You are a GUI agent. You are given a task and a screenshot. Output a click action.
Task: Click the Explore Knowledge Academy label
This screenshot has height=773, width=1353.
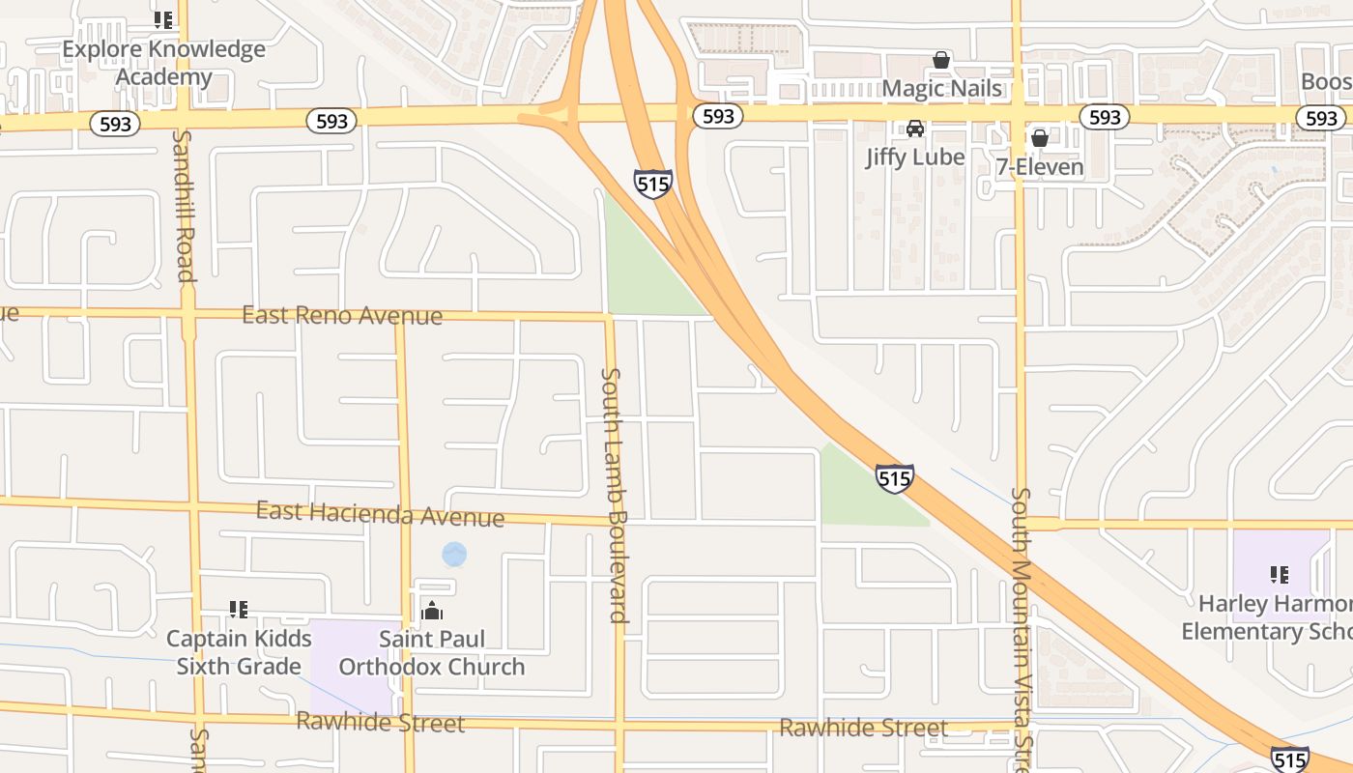coord(163,63)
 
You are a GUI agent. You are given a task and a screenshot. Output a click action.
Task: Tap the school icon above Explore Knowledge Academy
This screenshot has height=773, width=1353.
coord(163,19)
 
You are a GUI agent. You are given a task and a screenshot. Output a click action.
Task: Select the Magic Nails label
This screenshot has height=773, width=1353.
coord(941,89)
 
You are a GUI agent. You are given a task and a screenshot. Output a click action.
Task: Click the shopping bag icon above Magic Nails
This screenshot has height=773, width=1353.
coord(941,60)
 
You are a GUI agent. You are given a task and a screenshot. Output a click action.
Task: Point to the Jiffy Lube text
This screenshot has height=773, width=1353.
coord(914,157)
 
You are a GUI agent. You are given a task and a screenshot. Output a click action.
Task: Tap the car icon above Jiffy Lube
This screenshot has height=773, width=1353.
coord(914,129)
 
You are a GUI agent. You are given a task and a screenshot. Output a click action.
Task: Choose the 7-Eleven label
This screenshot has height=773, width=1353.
coord(1040,167)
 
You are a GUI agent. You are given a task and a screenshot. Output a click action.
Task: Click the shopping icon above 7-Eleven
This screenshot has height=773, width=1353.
coord(1040,138)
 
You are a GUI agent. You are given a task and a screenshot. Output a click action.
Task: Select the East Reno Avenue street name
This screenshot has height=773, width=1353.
coord(342,315)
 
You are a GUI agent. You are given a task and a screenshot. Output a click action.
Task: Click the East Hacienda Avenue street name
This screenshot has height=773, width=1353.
coord(380,514)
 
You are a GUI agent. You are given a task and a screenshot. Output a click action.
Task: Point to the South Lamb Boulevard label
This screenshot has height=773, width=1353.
coord(616,494)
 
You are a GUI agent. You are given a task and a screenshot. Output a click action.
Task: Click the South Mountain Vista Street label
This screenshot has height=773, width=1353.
coord(1022,628)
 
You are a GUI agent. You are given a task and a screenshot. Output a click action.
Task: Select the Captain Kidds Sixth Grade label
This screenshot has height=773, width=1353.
coord(239,652)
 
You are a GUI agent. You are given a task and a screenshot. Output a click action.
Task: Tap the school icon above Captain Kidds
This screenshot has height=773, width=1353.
coord(239,610)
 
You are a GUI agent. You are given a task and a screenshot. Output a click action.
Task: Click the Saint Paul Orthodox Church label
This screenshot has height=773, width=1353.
coord(432,652)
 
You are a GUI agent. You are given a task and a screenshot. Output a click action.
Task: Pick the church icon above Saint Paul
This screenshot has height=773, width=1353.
coord(432,611)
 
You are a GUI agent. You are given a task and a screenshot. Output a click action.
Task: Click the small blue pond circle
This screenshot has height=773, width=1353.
coord(454,555)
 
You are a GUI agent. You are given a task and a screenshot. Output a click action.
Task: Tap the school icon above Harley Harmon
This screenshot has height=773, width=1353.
coord(1280,575)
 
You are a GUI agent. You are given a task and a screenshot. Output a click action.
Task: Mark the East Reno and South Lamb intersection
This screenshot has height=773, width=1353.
coord(609,316)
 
